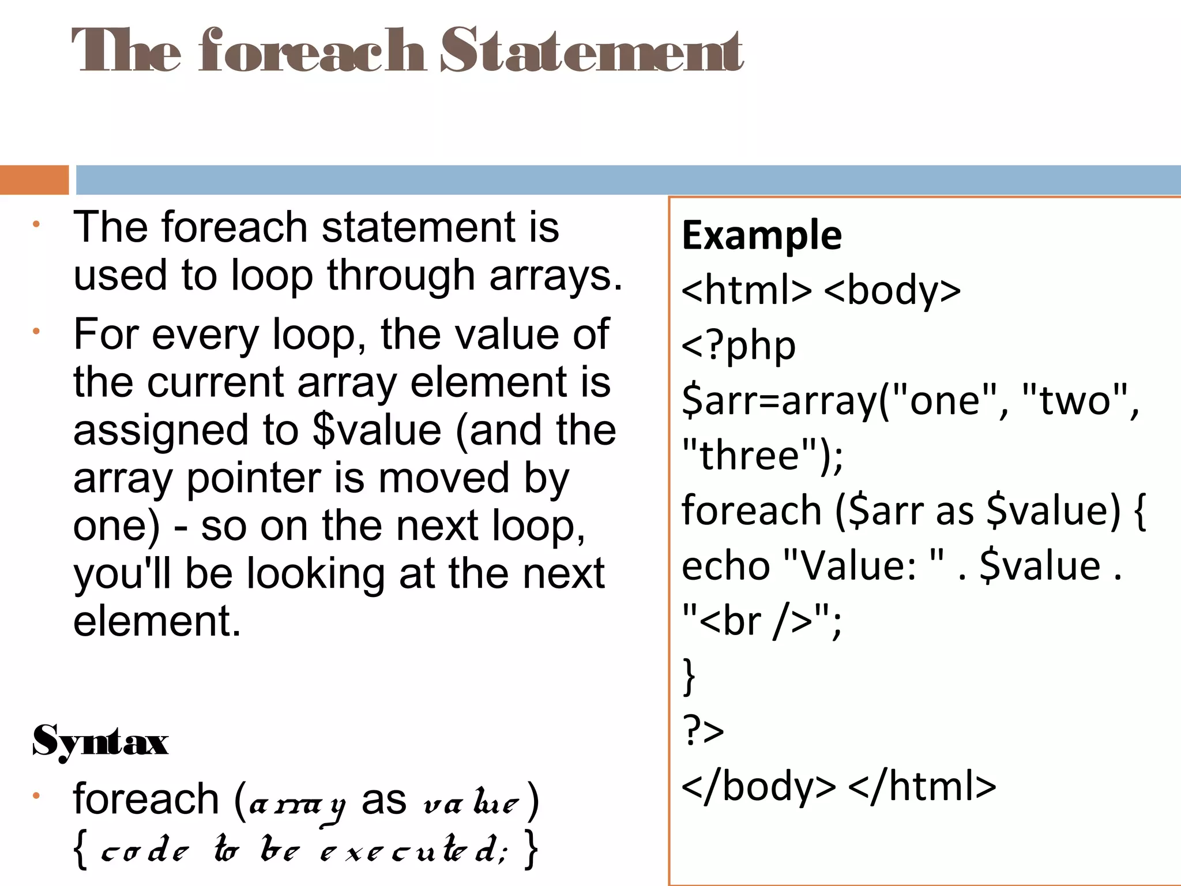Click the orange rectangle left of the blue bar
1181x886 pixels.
(33, 180)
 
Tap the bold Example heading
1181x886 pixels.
(761, 235)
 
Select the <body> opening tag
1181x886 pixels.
(892, 290)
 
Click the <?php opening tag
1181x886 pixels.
(738, 346)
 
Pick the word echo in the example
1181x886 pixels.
(725, 566)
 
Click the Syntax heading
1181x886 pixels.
(100, 741)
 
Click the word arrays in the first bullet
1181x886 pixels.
(555, 276)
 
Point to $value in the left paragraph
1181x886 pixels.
(377, 430)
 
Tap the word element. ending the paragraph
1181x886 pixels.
(157, 621)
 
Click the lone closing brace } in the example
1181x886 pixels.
(689, 676)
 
